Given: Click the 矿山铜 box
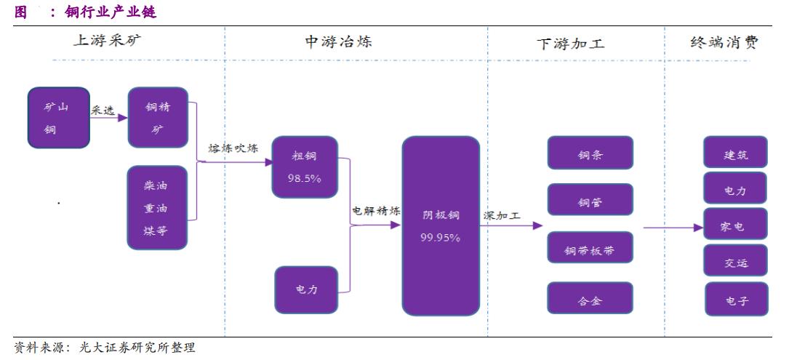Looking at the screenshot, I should (x=58, y=118).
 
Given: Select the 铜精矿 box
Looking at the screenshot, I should (x=158, y=118).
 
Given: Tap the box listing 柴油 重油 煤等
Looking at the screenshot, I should (x=157, y=208).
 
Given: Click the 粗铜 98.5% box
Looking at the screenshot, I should (x=305, y=167).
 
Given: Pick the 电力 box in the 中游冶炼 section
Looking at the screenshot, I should (x=306, y=289).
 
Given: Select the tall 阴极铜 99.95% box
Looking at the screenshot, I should (x=441, y=225).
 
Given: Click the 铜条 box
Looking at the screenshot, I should (x=590, y=153).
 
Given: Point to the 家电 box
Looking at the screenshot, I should (x=735, y=226).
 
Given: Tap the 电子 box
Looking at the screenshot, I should (x=736, y=299).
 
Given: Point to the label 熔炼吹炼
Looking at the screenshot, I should (x=233, y=148).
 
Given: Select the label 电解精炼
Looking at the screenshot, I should (x=376, y=211).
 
